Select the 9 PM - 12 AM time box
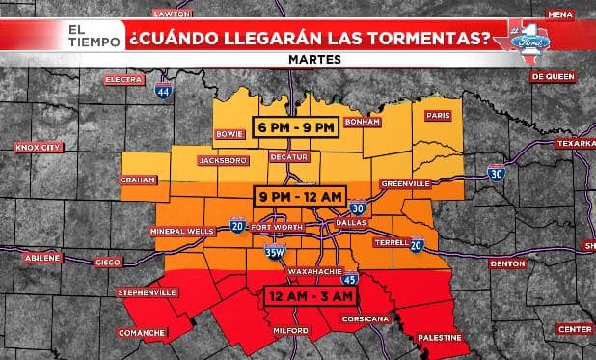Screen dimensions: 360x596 point(299,196)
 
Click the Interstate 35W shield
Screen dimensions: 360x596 point(275,252)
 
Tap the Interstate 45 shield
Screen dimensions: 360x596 point(348,279)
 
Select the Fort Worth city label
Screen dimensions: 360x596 point(276,227)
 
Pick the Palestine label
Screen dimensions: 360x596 point(439,338)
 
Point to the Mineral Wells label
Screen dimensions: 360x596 point(180,232)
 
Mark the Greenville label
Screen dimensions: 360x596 point(404,181)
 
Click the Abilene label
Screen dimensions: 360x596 point(41,258)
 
